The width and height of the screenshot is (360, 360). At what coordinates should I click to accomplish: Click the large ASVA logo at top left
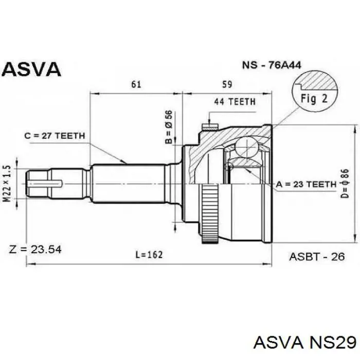31,69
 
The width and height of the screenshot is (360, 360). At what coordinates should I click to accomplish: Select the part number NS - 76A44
272,65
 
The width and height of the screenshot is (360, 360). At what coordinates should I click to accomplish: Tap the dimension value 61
136,84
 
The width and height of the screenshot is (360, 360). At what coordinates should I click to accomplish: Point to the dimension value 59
227,84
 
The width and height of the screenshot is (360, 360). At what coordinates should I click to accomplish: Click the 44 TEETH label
235,101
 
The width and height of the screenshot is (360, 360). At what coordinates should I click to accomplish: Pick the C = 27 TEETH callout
55,136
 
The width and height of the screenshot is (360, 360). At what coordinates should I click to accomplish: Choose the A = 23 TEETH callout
306,184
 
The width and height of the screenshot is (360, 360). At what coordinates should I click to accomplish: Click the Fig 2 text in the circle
314,99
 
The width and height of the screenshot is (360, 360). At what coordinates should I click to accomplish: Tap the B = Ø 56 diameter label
169,127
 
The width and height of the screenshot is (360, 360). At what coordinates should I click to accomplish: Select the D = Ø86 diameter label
345,184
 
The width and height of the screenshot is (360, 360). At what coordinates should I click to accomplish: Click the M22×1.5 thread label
7,184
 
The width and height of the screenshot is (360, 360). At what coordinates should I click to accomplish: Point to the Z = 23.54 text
35,249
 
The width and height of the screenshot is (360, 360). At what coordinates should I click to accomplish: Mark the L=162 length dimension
149,255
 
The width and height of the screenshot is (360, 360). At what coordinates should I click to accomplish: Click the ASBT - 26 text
317,257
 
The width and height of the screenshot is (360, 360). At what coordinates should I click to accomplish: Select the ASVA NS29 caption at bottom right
304,343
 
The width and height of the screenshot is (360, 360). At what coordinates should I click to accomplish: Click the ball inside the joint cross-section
246,147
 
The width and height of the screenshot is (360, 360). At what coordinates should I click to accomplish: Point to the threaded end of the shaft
39,184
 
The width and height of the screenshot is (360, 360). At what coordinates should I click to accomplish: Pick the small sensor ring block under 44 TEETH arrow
210,127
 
